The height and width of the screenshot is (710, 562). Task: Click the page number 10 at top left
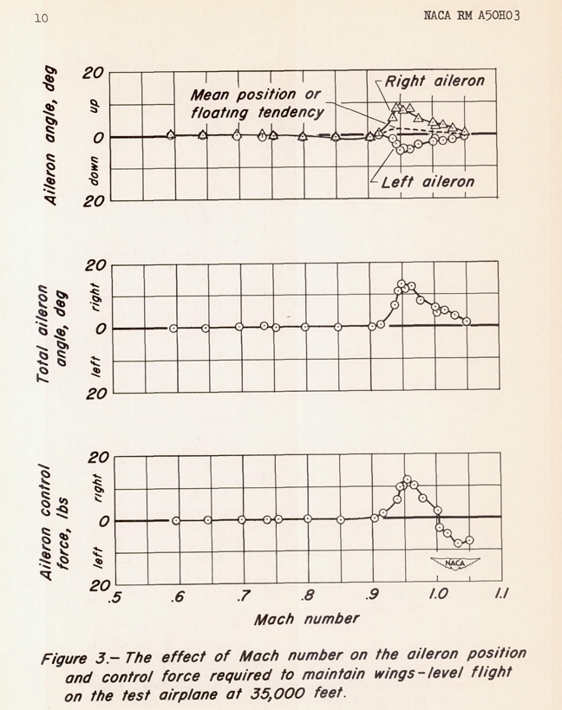(41, 18)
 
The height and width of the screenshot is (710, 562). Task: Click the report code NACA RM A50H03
(472, 16)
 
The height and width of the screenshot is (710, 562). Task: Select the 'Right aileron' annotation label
(435, 81)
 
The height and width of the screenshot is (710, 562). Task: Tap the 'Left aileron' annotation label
(428, 182)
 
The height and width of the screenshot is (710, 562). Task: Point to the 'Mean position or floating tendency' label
(258, 104)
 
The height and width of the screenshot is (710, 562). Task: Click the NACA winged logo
(455, 563)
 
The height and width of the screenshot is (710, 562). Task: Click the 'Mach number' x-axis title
(307, 619)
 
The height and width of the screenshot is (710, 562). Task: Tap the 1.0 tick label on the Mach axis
(438, 594)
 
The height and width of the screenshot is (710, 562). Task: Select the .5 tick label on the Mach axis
(115, 597)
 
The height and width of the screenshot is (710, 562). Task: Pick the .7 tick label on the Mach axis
(242, 596)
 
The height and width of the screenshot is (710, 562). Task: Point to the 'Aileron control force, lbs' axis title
(55, 522)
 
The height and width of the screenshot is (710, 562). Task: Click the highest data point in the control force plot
(407, 479)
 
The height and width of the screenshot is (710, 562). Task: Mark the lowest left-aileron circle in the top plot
(401, 150)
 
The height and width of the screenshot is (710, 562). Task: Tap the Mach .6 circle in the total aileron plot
(173, 329)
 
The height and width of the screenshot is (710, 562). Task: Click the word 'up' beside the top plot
(94, 107)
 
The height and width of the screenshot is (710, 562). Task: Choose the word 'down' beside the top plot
(94, 171)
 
